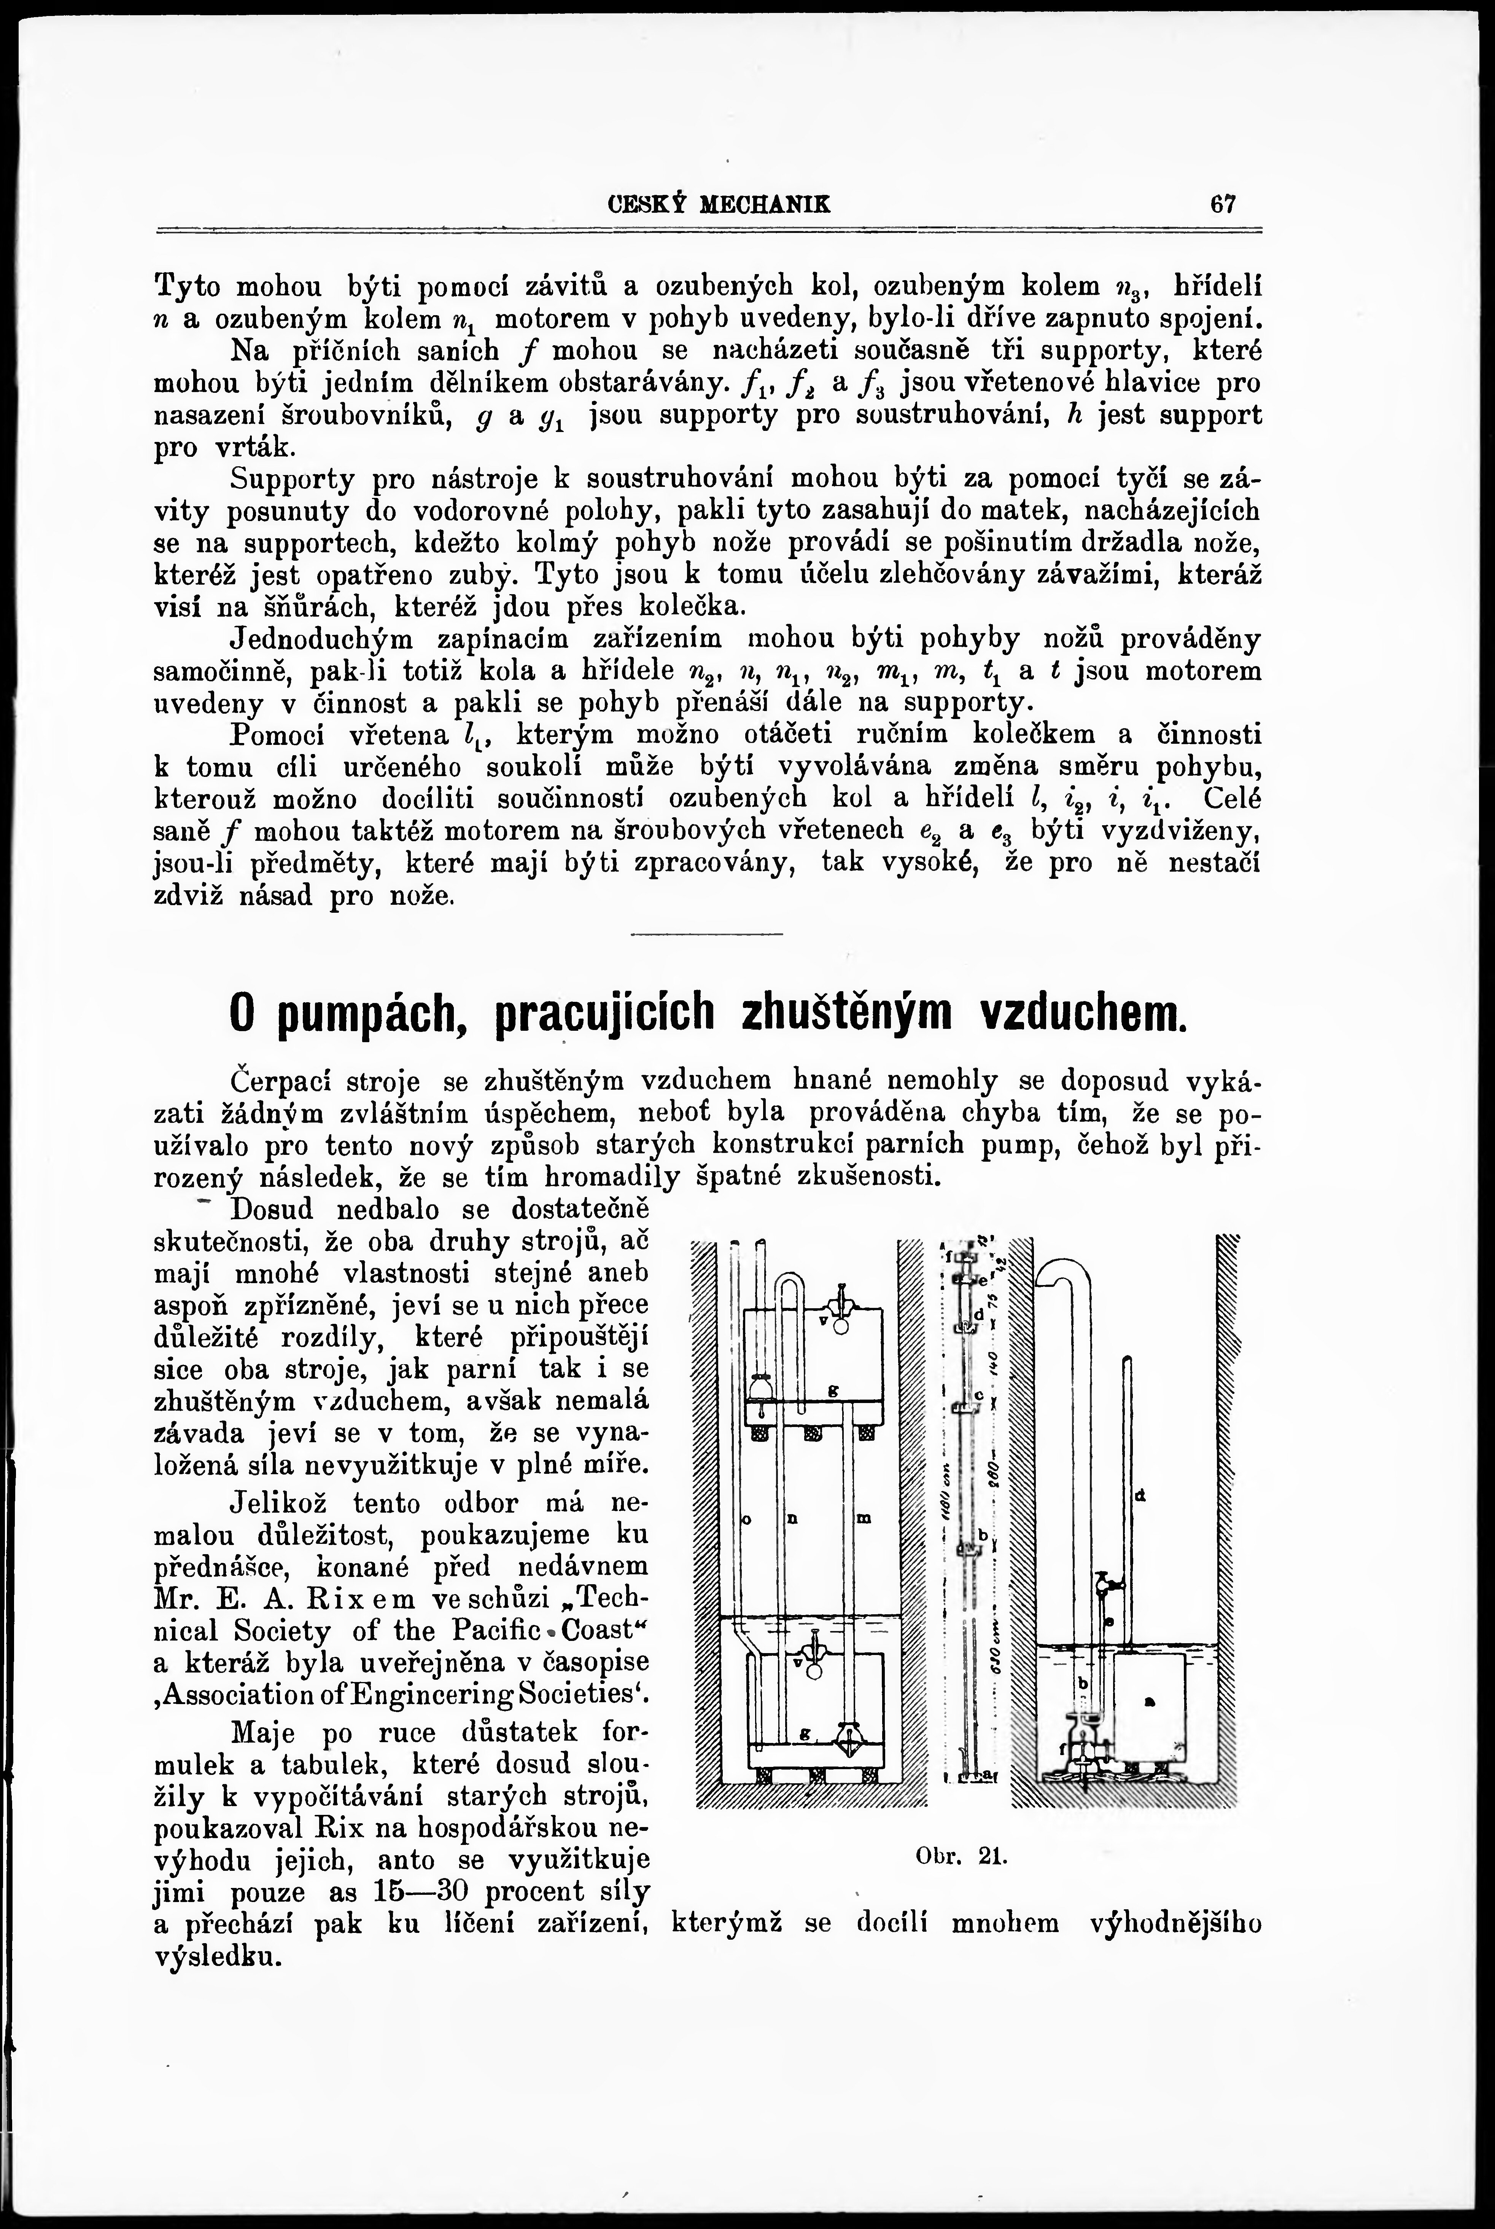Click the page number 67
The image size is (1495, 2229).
point(1223,204)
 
